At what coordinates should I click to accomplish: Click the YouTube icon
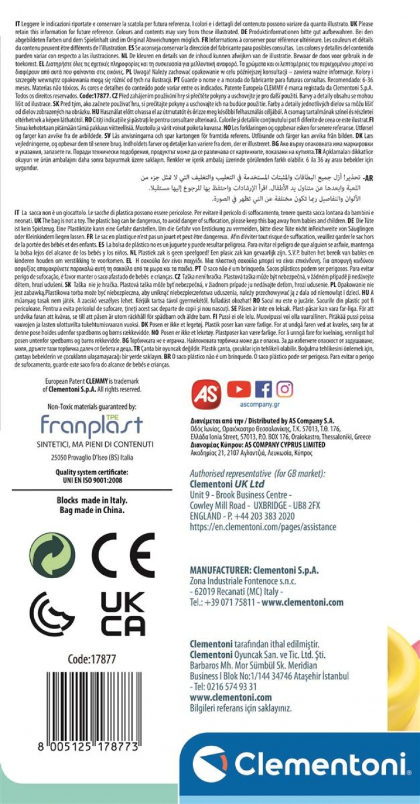point(239,389)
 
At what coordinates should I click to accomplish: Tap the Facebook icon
point(263,389)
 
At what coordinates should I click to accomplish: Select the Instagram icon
point(284,389)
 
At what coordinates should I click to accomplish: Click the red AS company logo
point(207,393)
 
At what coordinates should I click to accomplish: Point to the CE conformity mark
point(123,555)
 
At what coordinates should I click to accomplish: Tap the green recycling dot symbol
point(52,555)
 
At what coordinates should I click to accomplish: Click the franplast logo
point(91,427)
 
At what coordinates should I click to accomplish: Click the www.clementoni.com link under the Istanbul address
point(231,698)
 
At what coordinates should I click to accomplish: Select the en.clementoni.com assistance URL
point(263,527)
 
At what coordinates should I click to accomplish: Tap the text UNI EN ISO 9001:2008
point(91,480)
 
